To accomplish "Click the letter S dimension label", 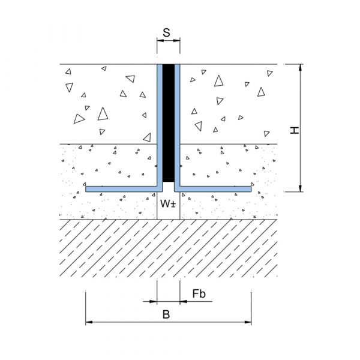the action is (x=166, y=32).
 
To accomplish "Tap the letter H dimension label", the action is (x=295, y=130).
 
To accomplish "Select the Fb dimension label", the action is (x=199, y=293).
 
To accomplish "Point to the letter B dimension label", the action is (x=166, y=314).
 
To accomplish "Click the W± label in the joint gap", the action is (x=168, y=203).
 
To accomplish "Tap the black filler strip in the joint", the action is (x=169, y=123).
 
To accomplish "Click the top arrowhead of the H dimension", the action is (x=300, y=67).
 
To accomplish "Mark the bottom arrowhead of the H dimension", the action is (x=300, y=188).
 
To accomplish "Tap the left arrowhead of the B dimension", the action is (x=89, y=322).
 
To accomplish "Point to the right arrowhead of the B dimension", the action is (x=248, y=322).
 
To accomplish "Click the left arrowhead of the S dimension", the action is (x=160, y=41).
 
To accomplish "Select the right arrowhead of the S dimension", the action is (x=176, y=41).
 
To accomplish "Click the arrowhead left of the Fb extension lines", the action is (x=154, y=301).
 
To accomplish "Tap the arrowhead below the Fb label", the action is (x=184, y=301).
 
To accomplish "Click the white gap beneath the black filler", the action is (x=169, y=187).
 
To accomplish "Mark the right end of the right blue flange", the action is (x=251, y=189).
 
